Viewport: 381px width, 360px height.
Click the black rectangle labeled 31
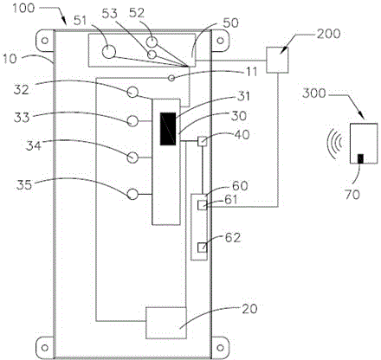click(x=168, y=129)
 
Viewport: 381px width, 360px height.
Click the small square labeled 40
click(x=203, y=141)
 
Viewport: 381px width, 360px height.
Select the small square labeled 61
click(x=202, y=205)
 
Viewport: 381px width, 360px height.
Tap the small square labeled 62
click(x=202, y=247)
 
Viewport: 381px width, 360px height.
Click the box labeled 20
click(x=166, y=323)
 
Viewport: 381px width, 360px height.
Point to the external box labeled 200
click(x=277, y=60)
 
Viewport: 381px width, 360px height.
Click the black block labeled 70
click(x=360, y=159)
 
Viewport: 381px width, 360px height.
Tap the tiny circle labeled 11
click(x=171, y=78)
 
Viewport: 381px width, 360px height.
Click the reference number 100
click(x=23, y=8)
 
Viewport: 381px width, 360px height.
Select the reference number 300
click(x=314, y=93)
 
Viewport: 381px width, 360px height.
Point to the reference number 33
click(x=22, y=118)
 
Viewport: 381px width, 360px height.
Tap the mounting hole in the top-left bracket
click(x=45, y=41)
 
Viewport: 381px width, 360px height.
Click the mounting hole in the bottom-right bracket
click(x=220, y=348)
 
